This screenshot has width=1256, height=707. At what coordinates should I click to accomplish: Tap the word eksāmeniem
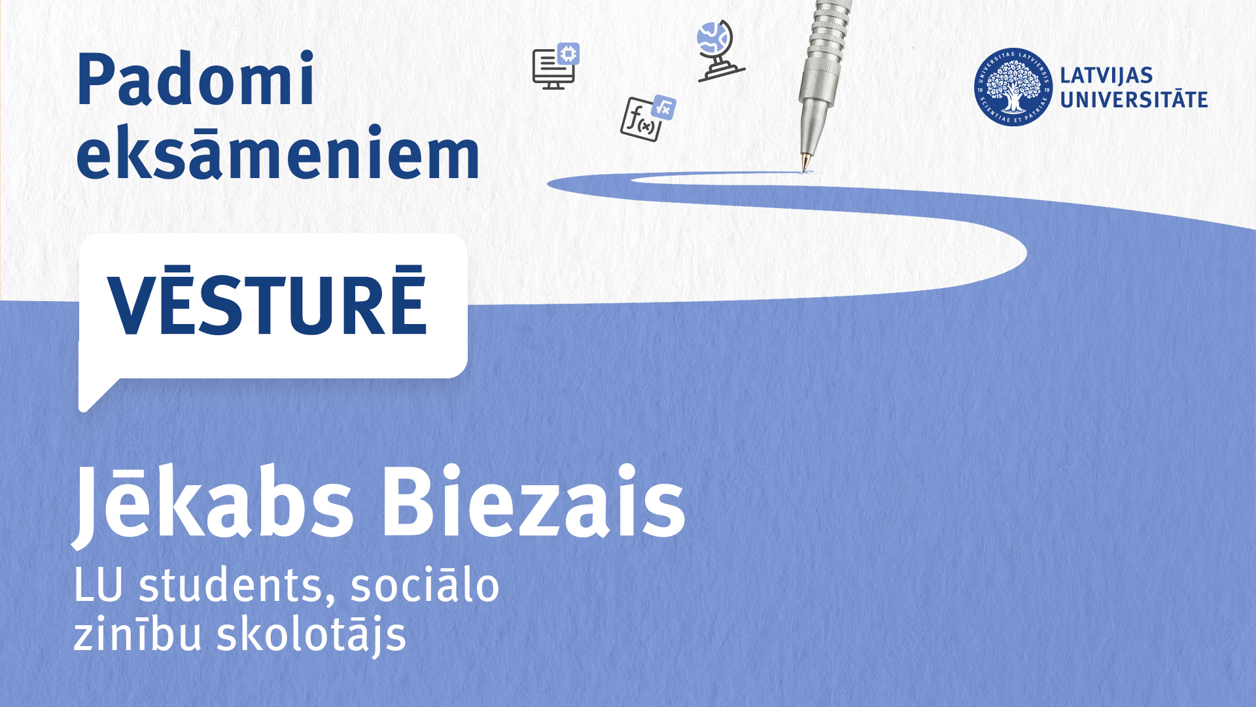coord(279,152)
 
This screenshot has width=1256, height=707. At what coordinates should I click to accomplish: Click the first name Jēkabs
coord(213,502)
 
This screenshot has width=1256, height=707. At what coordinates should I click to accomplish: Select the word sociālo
coord(425,584)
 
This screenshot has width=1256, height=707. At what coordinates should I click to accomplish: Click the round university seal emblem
coord(1013,87)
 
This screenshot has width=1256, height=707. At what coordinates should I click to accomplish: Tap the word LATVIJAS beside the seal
coord(1106,75)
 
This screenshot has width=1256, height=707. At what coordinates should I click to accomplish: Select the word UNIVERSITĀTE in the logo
coord(1134,100)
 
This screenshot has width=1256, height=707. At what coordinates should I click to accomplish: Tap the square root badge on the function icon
coord(664,107)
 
